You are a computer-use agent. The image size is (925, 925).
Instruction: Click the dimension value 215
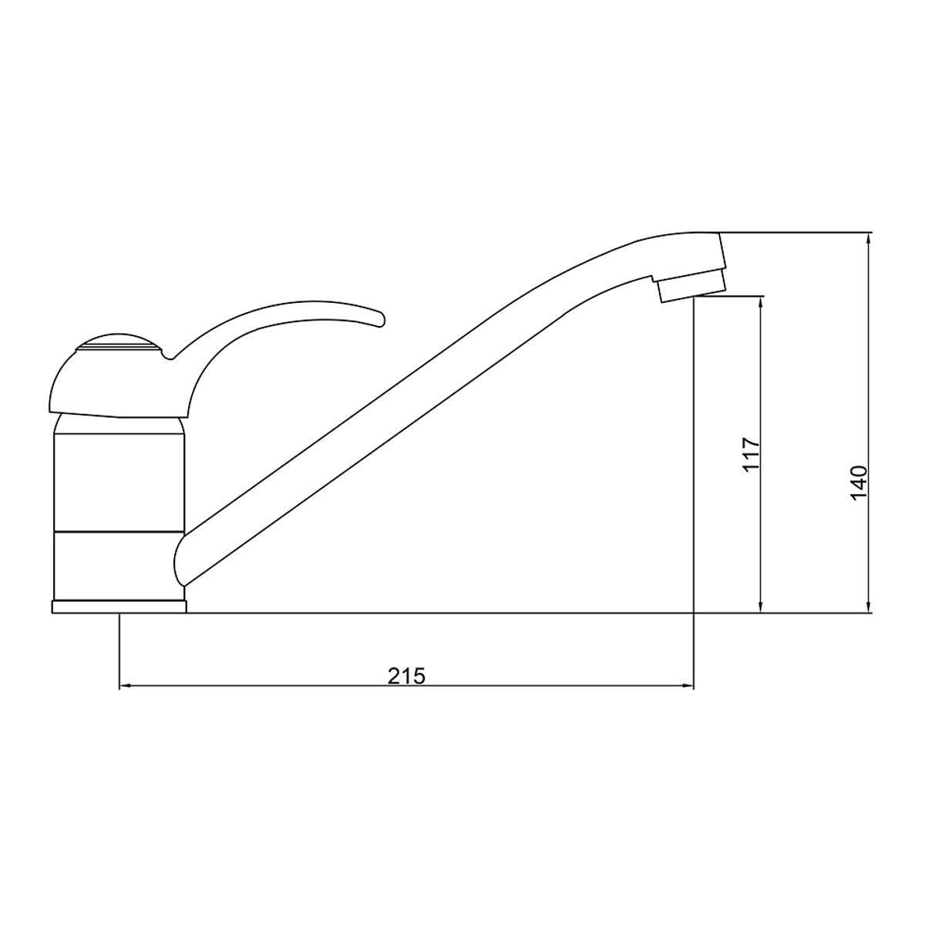[x=406, y=676]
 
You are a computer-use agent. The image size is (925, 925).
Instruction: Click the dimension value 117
[x=752, y=455]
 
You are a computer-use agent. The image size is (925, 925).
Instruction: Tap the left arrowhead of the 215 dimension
[x=125, y=688]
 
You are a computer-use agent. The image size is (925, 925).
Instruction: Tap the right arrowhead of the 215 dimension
[x=688, y=688]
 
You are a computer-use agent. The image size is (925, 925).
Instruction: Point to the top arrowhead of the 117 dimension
[x=761, y=302]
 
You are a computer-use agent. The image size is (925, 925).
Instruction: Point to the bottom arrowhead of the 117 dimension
[x=761, y=607]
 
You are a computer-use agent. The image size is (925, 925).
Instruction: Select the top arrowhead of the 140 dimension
[x=869, y=239]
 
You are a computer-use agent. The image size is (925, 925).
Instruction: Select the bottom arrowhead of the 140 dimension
[x=869, y=607]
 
